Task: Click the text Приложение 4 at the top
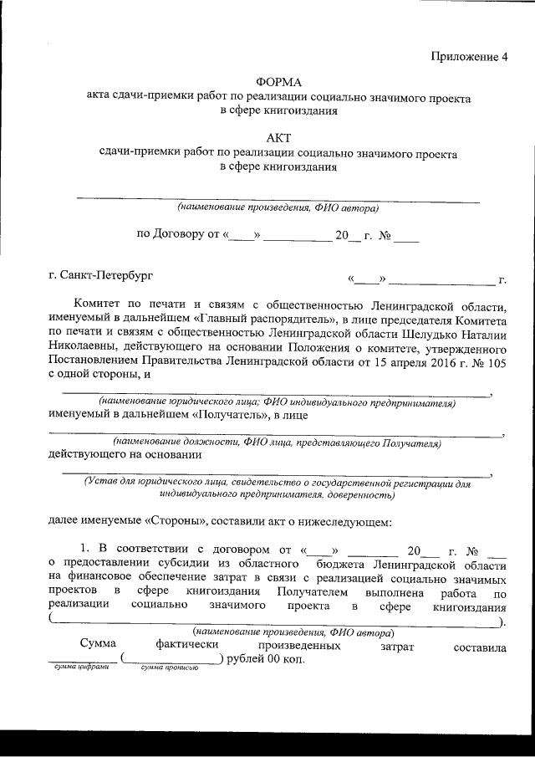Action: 469,57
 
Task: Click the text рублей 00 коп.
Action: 267,658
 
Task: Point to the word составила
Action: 480,647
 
